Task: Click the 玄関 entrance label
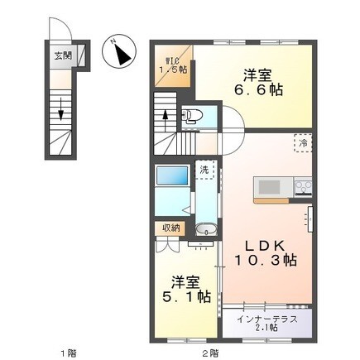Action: tap(63, 55)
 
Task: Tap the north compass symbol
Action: tap(119, 51)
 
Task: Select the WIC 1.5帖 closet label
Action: tap(173, 65)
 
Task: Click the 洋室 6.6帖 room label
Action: tap(258, 83)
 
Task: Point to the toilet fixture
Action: tap(192, 116)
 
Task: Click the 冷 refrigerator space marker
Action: tap(303, 143)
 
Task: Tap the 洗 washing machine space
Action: tap(204, 170)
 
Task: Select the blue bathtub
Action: tap(172, 175)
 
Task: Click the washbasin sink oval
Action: tap(206, 229)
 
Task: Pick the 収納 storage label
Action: tap(170, 228)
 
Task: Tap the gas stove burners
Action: tap(303, 187)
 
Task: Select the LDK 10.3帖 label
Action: tap(266, 252)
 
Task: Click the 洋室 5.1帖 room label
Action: tap(186, 289)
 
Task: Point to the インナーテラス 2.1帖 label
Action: tap(267, 324)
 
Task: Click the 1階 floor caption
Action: tap(69, 353)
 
